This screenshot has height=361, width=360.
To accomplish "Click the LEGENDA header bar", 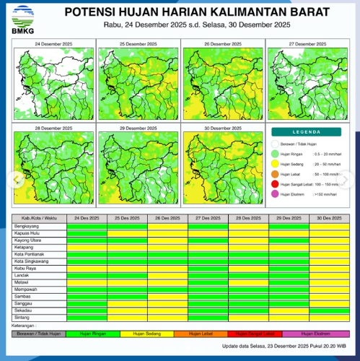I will (x=307, y=132).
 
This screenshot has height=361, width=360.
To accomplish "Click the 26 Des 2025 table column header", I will (x=167, y=217).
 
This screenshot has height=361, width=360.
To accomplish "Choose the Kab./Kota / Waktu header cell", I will (x=40, y=217).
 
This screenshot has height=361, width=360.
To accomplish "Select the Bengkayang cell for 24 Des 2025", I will (x=87, y=226).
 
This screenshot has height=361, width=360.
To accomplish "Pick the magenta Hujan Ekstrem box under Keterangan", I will (x=316, y=333).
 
